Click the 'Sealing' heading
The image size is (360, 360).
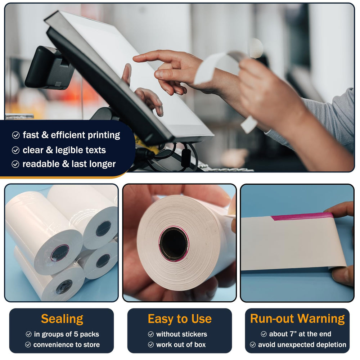tap(62, 319)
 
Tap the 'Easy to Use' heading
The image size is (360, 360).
tap(180, 319)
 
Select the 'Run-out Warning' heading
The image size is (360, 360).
tap(298, 319)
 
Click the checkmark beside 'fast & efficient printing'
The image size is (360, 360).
tap(16, 135)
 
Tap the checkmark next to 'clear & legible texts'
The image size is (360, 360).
tap(15, 150)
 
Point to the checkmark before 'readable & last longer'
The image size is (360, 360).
tap(15, 164)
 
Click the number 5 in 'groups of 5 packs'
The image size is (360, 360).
tap(76, 334)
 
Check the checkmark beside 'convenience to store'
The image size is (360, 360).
tap(28, 345)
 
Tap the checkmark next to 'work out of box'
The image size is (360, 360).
tap(151, 345)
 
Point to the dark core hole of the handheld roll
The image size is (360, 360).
tap(174, 244)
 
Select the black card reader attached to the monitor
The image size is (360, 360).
tap(49, 68)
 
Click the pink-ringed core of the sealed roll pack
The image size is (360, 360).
tap(60, 253)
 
